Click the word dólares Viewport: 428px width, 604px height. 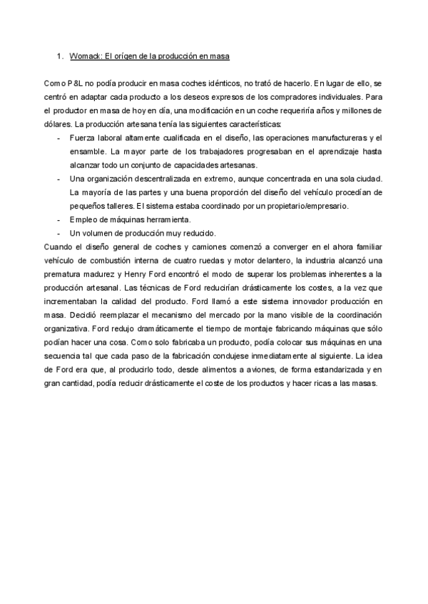tap(56, 124)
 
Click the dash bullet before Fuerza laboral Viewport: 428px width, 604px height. tap(57, 137)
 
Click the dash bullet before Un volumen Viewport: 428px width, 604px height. tap(57, 233)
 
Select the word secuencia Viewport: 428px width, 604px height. tap(62, 356)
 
